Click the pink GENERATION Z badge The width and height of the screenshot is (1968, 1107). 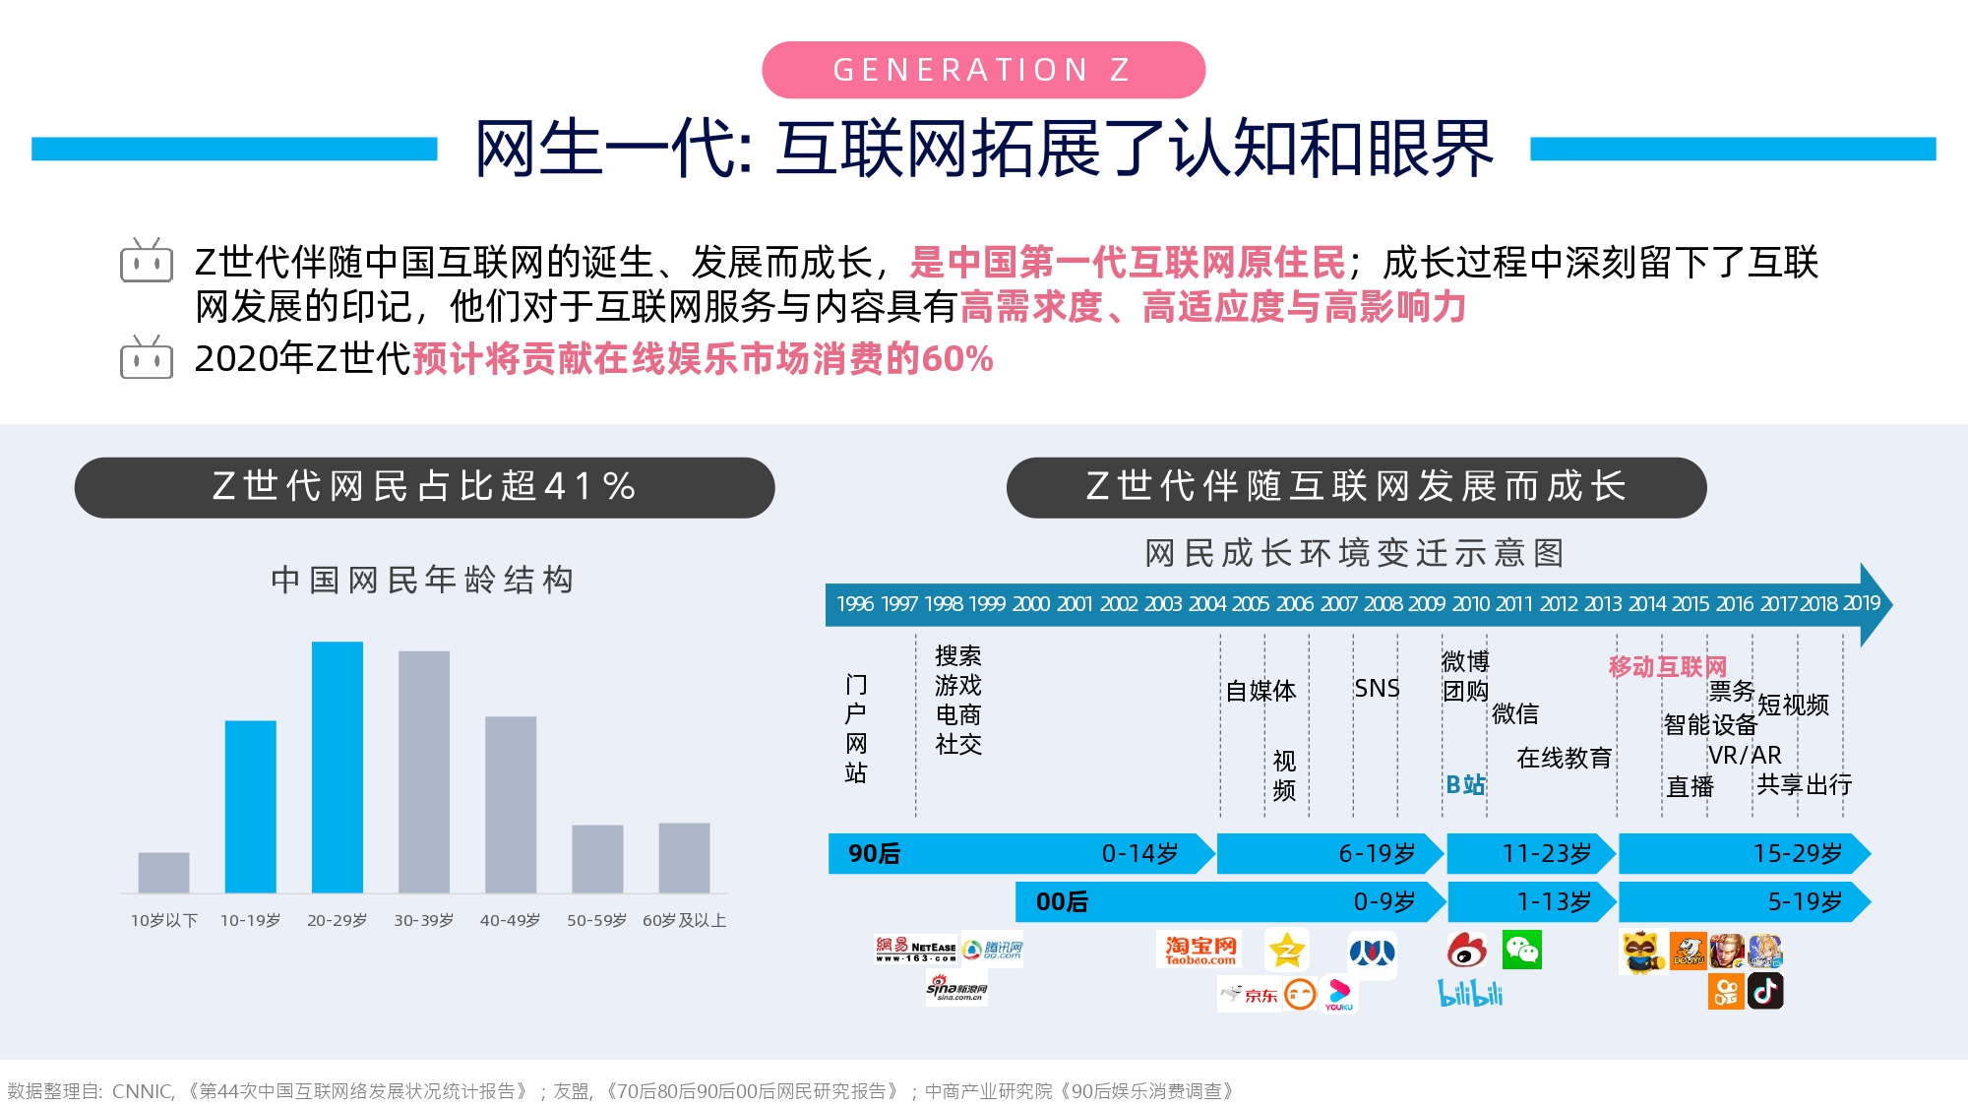point(983,70)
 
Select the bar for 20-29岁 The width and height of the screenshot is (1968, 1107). point(338,768)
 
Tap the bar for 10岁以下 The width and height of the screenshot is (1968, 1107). point(164,873)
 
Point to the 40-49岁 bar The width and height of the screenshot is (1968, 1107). point(511,805)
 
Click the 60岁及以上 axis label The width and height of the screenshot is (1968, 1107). point(685,921)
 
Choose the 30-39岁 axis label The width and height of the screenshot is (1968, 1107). point(424,921)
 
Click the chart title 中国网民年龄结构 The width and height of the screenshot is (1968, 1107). point(423,581)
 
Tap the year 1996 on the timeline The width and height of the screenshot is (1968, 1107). point(855,604)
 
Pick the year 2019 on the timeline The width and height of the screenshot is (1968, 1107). point(1862,603)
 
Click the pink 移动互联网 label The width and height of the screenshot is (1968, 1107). point(1668,667)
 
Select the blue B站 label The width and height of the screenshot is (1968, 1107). point(1466,785)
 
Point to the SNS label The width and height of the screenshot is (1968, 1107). point(1377,689)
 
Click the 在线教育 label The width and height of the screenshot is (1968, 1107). point(1565,758)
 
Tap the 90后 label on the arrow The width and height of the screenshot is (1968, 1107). point(874,854)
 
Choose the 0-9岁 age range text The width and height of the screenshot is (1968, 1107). point(1384,901)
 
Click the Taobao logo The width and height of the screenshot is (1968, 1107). point(1199,950)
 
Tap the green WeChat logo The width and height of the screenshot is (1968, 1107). point(1522,950)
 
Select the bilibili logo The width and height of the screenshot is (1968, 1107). point(1471,993)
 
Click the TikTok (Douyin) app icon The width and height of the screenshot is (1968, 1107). point(1765,991)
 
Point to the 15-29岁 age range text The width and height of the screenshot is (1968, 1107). point(1798,853)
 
